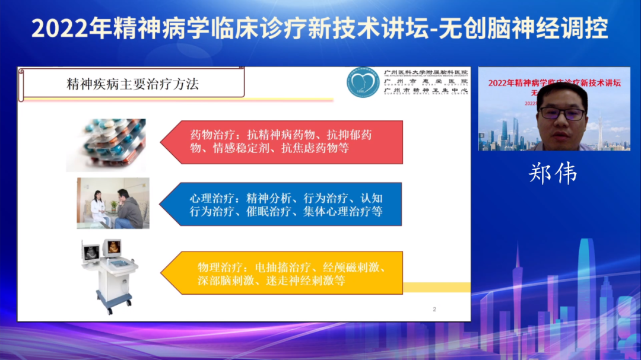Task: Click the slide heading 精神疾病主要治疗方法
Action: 132,84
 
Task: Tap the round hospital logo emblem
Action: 363,82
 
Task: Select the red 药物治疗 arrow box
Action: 285,142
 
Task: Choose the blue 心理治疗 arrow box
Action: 285,205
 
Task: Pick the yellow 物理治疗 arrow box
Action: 285,273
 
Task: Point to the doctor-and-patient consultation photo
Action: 113,203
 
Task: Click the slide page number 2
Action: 434,309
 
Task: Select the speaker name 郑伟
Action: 553,174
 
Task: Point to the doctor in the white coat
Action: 97,208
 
